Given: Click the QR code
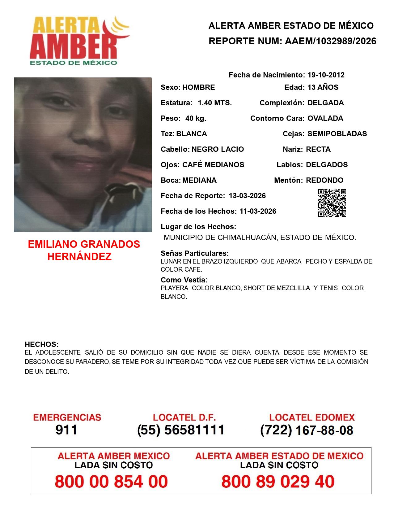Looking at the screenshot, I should click(x=332, y=203).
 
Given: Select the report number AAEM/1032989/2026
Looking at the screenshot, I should click(x=330, y=41).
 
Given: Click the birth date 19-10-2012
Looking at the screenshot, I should click(x=326, y=75).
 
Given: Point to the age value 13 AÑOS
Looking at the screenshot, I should click(x=323, y=87).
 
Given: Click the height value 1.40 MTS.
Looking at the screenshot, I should click(x=215, y=103).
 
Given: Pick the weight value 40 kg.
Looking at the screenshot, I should click(x=196, y=118).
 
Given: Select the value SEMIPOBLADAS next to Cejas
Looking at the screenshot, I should click(x=337, y=134).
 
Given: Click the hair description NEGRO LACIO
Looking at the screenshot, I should click(x=218, y=149).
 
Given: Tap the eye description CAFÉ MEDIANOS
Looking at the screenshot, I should click(x=213, y=165).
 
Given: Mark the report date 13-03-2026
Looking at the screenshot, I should click(x=247, y=196).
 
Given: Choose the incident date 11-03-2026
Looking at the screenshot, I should click(x=258, y=211).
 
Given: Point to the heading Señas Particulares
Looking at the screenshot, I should click(x=195, y=253).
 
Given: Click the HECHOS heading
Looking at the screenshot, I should click(x=41, y=344).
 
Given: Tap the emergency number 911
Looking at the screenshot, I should click(x=66, y=430).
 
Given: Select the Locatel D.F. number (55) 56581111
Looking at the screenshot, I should click(x=181, y=430).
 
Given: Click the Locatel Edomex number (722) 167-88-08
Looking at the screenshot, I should click(x=307, y=430).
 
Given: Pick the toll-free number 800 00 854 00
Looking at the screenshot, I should click(x=111, y=482).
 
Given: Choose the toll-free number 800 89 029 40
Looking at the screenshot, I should click(x=278, y=482).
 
